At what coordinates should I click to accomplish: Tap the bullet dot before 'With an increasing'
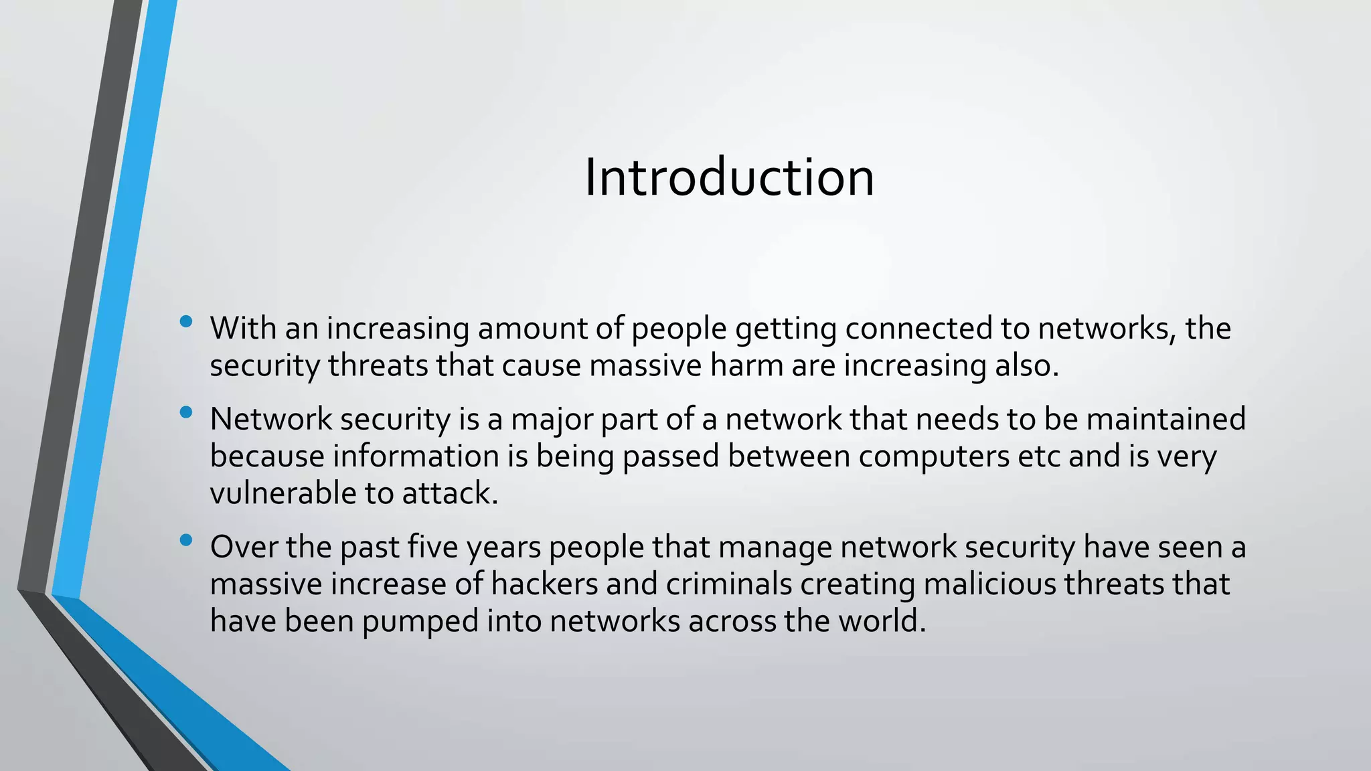[186, 322]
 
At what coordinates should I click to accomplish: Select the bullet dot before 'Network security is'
[186, 412]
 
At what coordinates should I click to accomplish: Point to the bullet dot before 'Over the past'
[186, 539]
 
